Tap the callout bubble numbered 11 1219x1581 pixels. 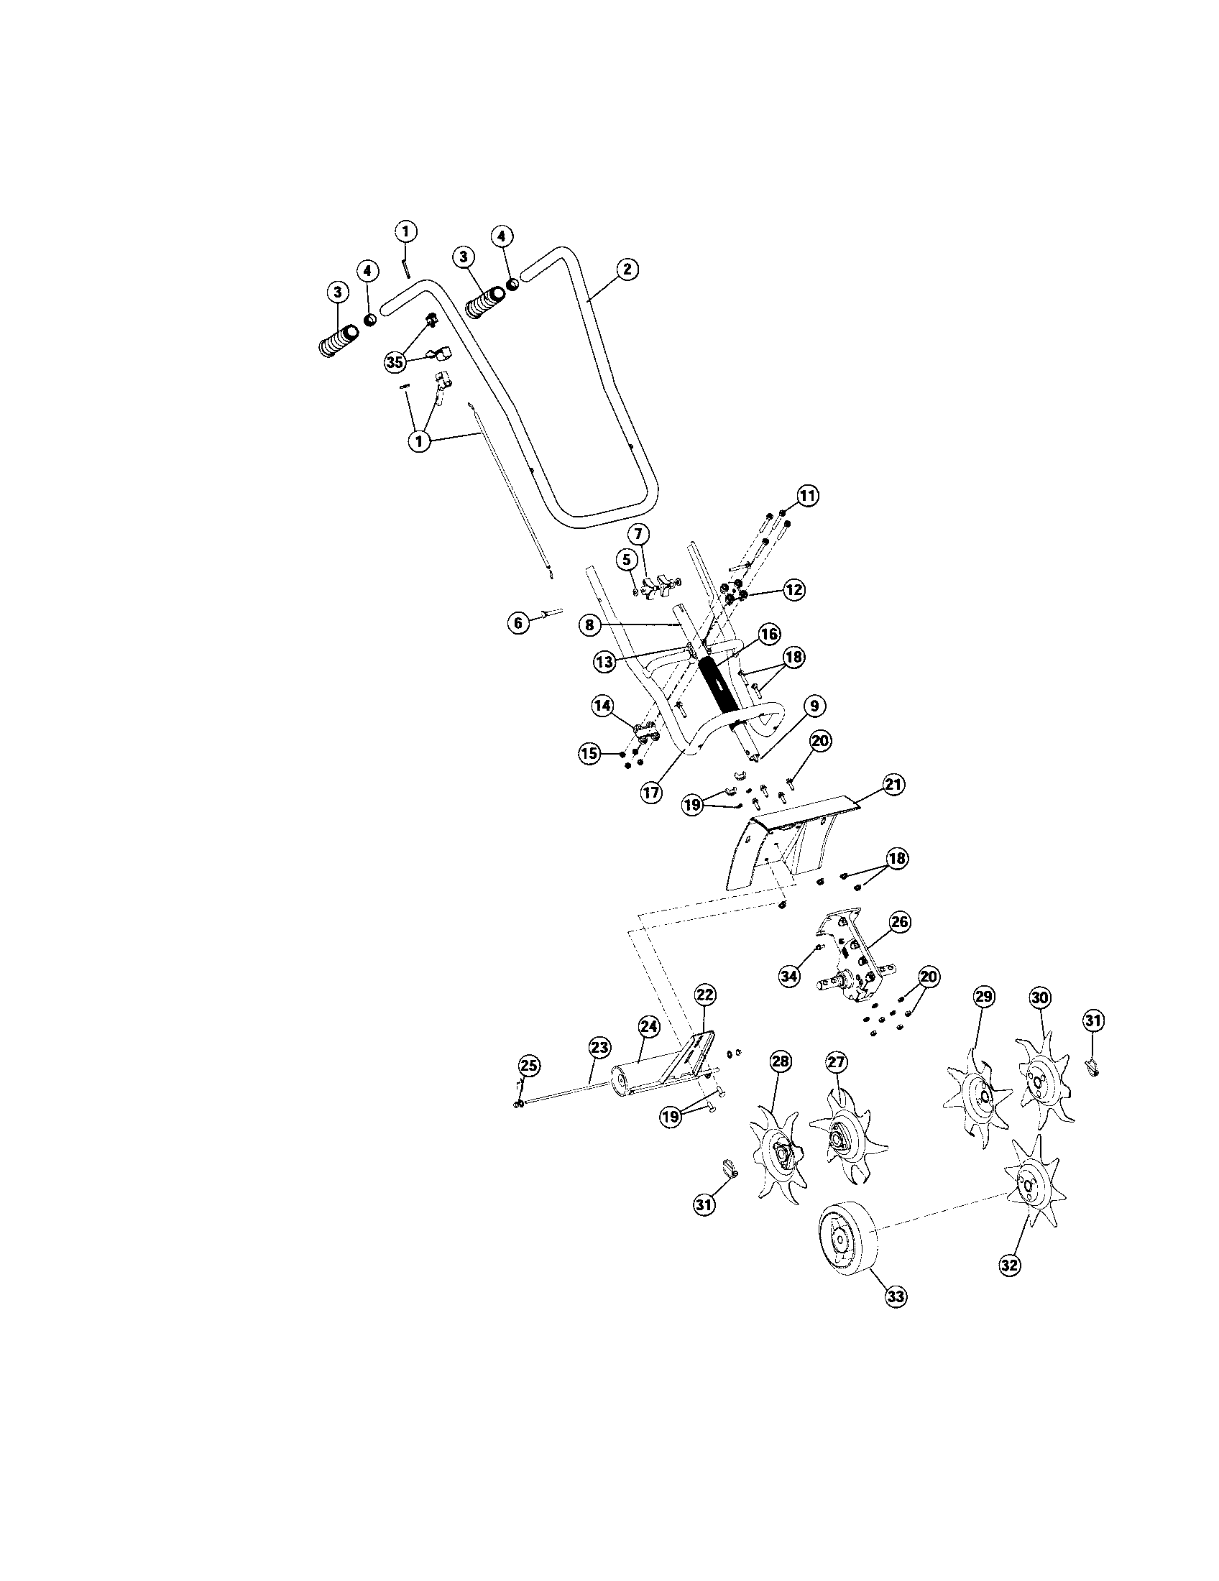click(x=808, y=496)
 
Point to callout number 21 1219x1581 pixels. click(x=894, y=785)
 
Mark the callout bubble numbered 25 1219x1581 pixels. click(x=529, y=1066)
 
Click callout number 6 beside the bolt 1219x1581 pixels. click(x=518, y=623)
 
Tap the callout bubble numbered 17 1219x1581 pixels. click(x=650, y=793)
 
